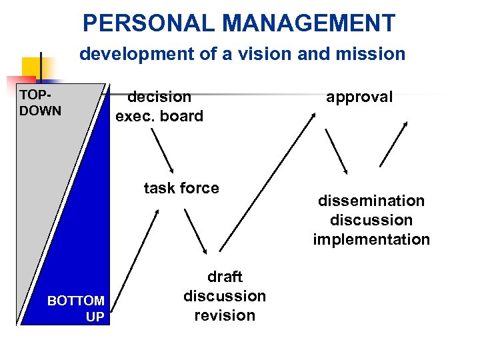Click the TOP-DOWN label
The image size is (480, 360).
[40, 102]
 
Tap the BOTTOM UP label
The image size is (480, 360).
[76, 309]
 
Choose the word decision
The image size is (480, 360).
[159, 97]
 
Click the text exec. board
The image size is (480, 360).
[159, 116]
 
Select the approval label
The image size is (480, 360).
[359, 97]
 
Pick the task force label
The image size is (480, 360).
[181, 188]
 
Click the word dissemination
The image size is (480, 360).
[371, 201]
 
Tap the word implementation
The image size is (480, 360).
[371, 239]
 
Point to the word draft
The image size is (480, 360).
[225, 276]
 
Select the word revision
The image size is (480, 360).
[225, 315]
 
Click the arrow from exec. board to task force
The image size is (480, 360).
[162, 150]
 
